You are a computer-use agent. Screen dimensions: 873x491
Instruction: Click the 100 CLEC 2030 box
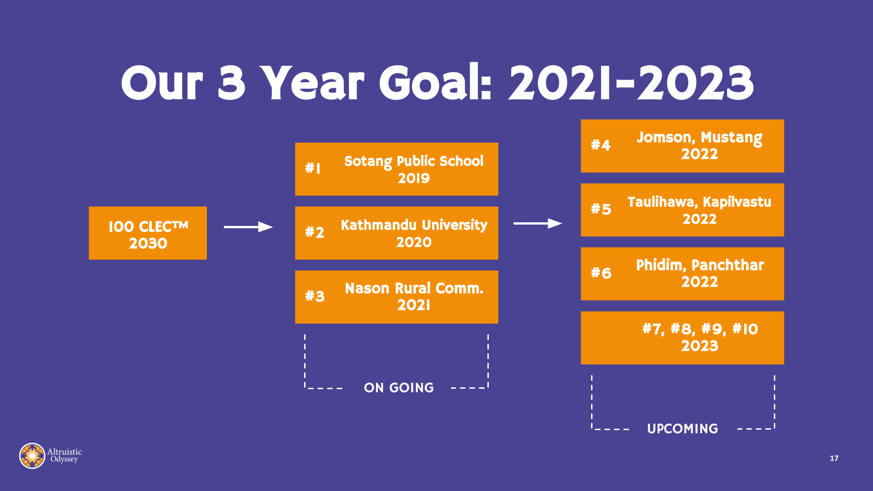[148, 233]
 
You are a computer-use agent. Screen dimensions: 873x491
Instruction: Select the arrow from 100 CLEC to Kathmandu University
[248, 227]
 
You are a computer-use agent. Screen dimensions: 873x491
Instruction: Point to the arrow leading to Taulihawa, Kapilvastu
[538, 223]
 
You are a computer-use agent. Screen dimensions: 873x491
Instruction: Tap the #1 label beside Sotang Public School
[313, 168]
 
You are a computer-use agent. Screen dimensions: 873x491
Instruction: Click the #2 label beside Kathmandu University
[315, 232]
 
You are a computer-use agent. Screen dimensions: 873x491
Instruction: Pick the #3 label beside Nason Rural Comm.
[315, 296]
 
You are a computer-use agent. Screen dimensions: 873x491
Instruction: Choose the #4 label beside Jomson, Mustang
[601, 145]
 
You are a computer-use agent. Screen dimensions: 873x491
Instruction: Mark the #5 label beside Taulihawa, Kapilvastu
[601, 209]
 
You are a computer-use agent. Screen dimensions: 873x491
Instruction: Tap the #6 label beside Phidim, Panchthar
[601, 273]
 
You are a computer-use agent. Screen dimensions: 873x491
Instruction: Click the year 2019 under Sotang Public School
[414, 178]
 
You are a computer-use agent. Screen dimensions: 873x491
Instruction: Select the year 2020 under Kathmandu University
[414, 242]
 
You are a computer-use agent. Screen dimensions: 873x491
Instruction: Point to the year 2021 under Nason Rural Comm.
[414, 305]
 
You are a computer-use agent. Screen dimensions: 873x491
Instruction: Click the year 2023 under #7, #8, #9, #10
[700, 346]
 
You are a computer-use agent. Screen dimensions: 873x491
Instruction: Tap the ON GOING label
[399, 388]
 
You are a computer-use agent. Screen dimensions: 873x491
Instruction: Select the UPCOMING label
[682, 429]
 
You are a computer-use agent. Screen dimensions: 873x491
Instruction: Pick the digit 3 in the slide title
[231, 82]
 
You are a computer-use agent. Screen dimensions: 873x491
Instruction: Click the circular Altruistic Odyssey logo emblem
[32, 456]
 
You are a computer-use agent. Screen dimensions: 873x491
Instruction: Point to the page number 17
[834, 458]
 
